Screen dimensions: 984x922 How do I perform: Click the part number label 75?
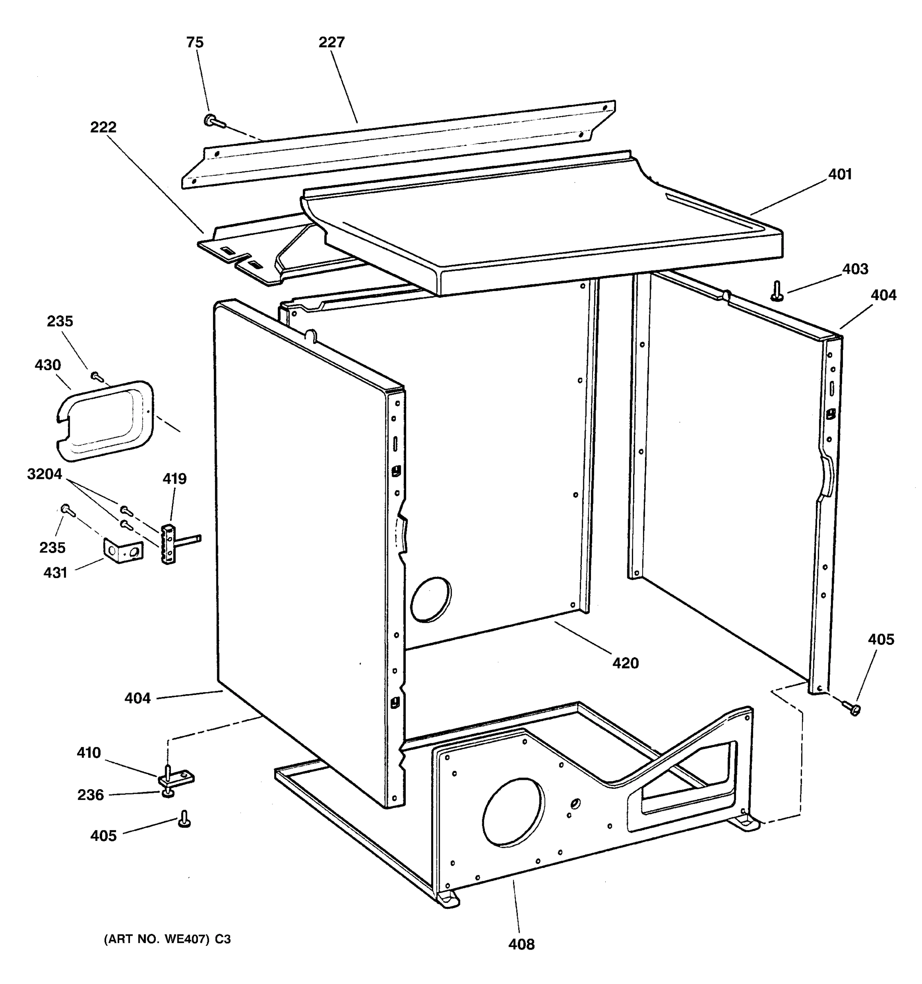click(x=195, y=43)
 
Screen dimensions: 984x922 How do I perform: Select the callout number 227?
click(x=332, y=43)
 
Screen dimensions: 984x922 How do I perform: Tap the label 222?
click(x=103, y=127)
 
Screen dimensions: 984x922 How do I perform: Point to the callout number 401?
click(x=840, y=174)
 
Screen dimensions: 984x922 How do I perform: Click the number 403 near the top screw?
click(x=855, y=269)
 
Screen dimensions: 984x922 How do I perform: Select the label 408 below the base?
click(x=521, y=944)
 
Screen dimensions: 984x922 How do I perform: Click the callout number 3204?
click(x=45, y=474)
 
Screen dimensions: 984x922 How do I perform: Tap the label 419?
click(x=175, y=478)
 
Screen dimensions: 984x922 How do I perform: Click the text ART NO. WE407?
click(x=167, y=939)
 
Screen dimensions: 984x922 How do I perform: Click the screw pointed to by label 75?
click(x=212, y=120)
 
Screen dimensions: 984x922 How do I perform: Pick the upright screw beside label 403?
click(x=777, y=291)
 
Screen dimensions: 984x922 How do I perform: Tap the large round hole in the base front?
click(x=513, y=812)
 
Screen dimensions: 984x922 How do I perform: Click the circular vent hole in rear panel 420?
click(x=431, y=599)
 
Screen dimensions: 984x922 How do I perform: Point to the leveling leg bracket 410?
click(x=176, y=779)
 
